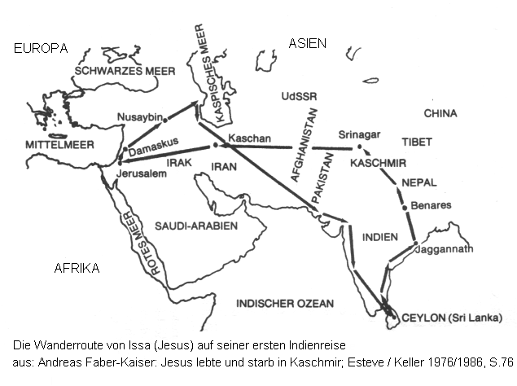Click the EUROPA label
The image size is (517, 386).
click(x=41, y=49)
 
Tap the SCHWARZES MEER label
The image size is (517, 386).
click(x=125, y=71)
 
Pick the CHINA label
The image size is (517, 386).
click(x=440, y=113)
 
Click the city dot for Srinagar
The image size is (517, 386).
click(x=359, y=147)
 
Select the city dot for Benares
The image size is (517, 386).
click(x=405, y=208)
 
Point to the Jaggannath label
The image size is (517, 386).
click(x=445, y=250)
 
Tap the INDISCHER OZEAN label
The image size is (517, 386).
click(x=285, y=304)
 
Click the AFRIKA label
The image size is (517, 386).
click(x=77, y=268)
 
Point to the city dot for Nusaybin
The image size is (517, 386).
click(x=165, y=121)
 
